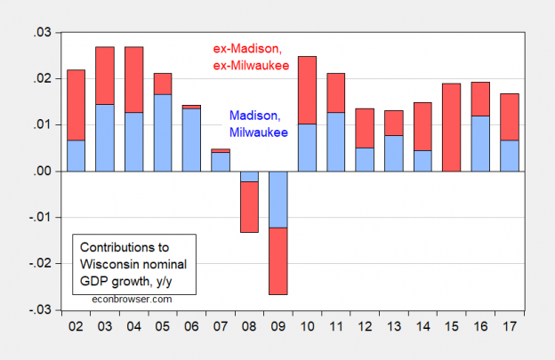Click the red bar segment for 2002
click(76, 105)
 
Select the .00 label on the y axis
click(42, 171)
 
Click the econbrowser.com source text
click(133, 299)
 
